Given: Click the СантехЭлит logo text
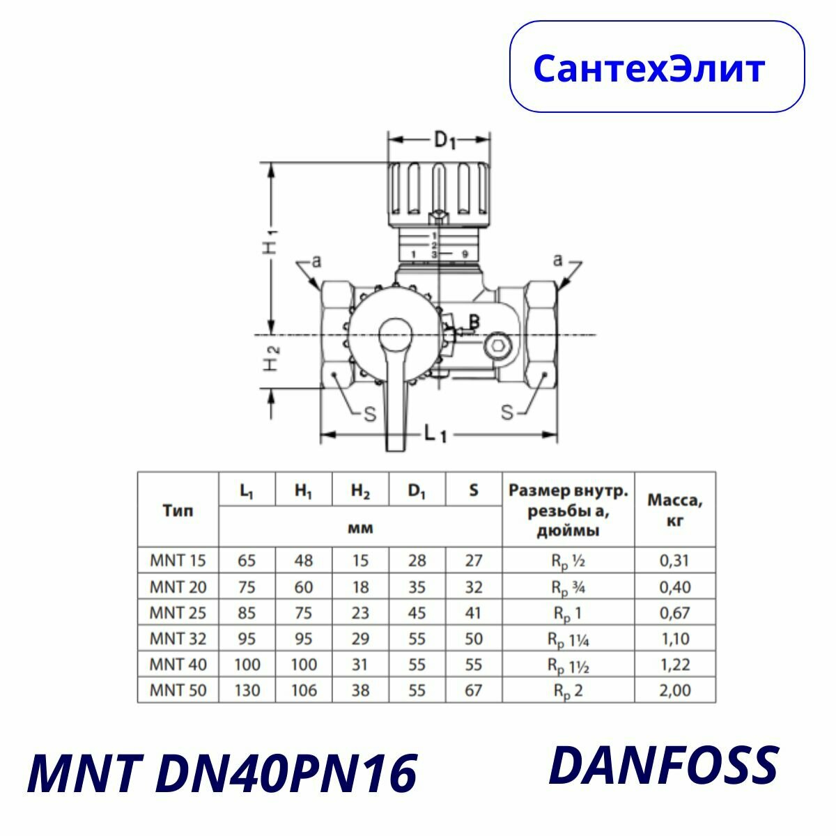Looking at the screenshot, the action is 649,68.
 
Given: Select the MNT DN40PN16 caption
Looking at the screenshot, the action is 222,773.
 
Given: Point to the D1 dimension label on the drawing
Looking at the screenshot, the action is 444,140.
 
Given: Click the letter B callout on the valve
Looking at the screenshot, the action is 474,322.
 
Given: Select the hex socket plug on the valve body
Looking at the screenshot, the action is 498,346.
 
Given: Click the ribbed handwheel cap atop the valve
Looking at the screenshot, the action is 439,188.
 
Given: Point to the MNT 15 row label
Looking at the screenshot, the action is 178,560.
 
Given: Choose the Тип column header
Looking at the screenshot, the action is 178,511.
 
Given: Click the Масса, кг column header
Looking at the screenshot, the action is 674,510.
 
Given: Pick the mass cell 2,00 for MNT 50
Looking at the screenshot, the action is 674,690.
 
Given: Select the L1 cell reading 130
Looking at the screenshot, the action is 247,690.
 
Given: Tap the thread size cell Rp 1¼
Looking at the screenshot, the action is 569,639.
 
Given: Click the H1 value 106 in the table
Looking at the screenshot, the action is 304,690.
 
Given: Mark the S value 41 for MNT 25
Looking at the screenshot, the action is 474,613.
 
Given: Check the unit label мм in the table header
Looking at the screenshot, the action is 360,528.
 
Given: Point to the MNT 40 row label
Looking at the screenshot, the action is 178,665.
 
